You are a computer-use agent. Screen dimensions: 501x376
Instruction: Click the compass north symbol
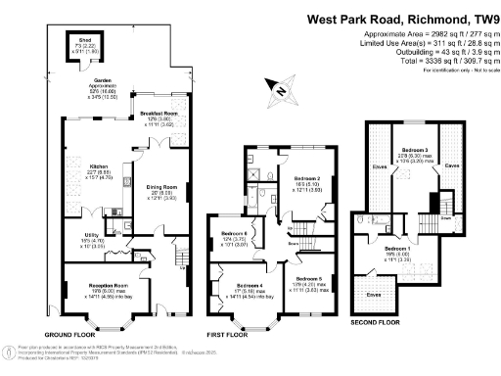click(x=281, y=94)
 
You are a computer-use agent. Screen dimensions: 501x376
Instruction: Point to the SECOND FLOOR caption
click(x=378, y=320)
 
